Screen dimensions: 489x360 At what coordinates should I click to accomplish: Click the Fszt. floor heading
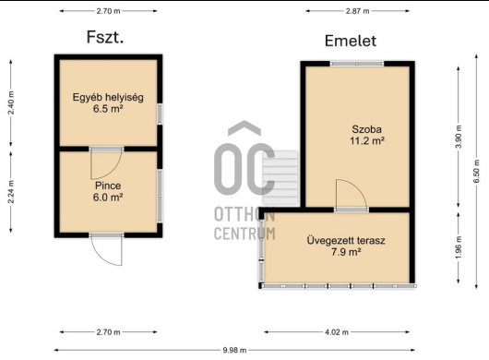(105, 37)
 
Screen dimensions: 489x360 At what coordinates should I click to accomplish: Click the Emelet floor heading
(351, 41)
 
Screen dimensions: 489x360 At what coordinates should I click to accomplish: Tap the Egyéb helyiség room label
(108, 97)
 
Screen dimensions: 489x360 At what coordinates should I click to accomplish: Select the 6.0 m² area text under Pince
(108, 198)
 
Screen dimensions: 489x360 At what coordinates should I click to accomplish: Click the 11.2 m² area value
(367, 141)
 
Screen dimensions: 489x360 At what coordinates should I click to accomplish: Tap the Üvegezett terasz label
(346, 241)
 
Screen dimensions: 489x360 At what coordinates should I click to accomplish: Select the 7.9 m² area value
(346, 252)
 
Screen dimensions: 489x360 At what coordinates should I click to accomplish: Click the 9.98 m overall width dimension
(234, 351)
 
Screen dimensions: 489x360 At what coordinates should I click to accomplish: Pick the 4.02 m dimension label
(337, 332)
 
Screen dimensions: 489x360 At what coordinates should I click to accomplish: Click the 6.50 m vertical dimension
(476, 172)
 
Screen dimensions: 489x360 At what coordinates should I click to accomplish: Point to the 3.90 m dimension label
(459, 137)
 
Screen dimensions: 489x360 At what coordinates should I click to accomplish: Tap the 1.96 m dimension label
(459, 247)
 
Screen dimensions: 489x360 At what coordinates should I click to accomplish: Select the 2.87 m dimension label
(357, 11)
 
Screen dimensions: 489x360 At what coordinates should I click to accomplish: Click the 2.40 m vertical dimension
(11, 103)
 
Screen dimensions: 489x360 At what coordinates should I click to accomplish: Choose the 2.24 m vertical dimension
(11, 192)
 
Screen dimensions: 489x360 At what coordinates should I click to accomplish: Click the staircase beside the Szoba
(280, 178)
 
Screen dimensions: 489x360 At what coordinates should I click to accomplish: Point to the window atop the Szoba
(357, 64)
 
